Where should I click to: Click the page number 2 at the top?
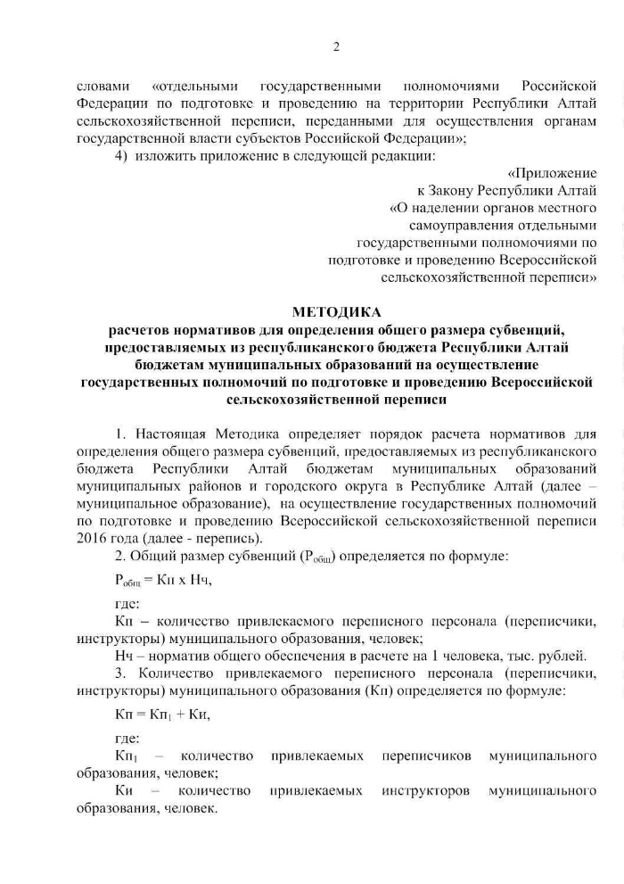point(336,47)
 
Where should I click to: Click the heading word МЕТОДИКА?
point(336,311)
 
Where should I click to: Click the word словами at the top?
point(104,87)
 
